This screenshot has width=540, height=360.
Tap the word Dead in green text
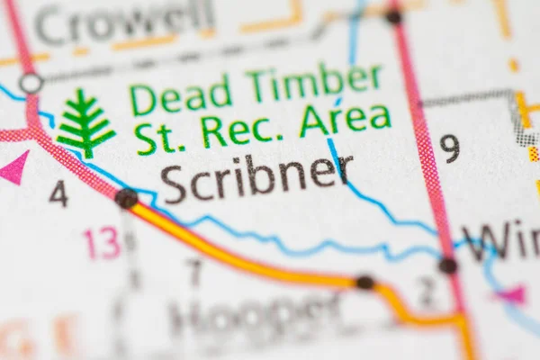click(x=180, y=94)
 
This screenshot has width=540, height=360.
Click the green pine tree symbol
click(x=85, y=123)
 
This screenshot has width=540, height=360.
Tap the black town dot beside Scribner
click(x=126, y=197)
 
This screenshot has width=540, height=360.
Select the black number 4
click(x=58, y=193)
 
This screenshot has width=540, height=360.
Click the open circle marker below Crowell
click(x=31, y=84)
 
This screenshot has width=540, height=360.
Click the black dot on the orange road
click(x=364, y=283)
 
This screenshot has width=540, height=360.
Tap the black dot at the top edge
click(x=393, y=16)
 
